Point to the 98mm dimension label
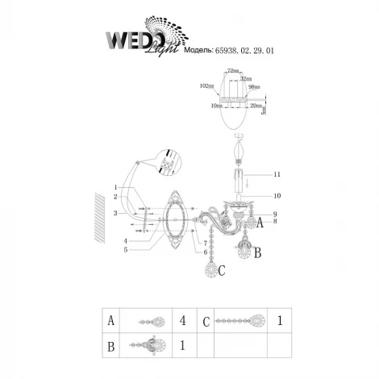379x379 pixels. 254,85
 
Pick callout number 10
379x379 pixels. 276,195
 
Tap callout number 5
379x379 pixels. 126,250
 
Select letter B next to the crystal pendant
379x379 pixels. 257,252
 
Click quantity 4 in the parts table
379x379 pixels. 183,321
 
